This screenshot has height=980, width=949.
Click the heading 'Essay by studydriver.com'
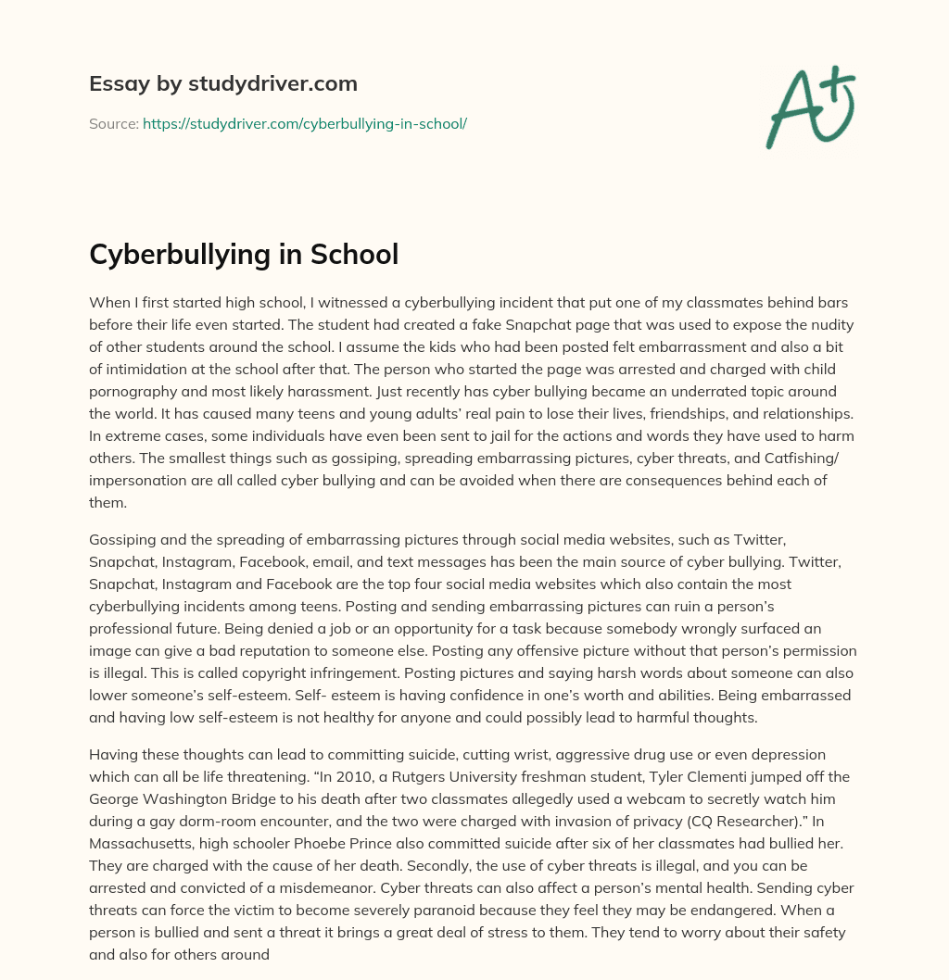[222, 84]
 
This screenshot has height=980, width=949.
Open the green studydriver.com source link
[304, 123]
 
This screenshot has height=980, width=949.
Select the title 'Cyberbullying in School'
[244, 254]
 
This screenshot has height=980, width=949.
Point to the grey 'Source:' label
[113, 123]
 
